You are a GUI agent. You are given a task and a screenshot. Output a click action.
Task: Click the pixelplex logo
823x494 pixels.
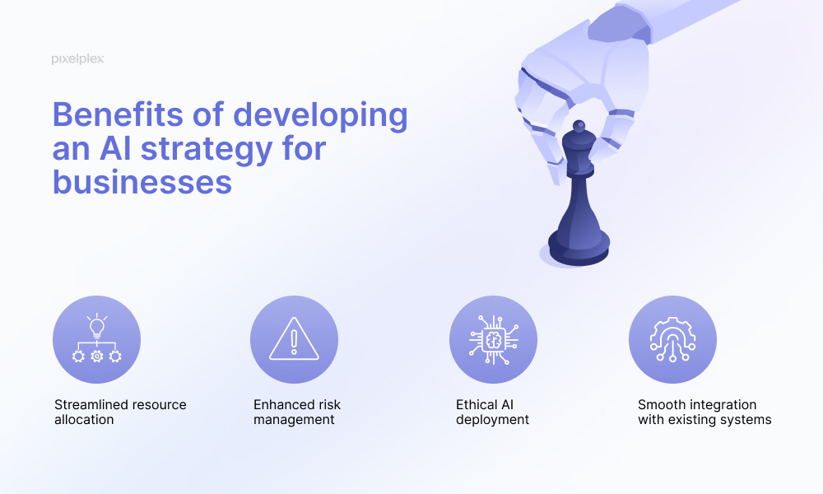click(77, 58)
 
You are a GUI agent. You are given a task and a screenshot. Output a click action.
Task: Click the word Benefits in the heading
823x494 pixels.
click(118, 114)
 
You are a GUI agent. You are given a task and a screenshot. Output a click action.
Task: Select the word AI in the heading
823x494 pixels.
click(115, 148)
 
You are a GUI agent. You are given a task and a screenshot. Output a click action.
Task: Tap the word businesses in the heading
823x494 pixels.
click(142, 182)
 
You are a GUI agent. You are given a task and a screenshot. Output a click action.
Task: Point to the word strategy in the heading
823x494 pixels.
click(207, 150)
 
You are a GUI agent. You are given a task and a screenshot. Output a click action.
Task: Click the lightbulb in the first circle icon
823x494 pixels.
click(97, 327)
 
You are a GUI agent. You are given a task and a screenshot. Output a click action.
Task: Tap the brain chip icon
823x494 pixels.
click(493, 340)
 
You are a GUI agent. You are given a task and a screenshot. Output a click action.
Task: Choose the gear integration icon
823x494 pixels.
click(673, 339)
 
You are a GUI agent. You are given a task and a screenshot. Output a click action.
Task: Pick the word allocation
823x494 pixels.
click(84, 419)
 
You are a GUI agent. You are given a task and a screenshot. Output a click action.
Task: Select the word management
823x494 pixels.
click(294, 420)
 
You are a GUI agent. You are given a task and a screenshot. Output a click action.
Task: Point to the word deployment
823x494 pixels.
click(492, 420)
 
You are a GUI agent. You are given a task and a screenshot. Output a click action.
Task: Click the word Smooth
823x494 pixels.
click(656, 405)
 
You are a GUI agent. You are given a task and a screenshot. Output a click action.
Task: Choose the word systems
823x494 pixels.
click(748, 420)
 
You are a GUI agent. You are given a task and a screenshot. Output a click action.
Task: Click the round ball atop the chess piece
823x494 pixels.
click(579, 126)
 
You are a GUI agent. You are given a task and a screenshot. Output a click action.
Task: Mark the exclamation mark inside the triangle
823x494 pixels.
click(294, 341)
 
